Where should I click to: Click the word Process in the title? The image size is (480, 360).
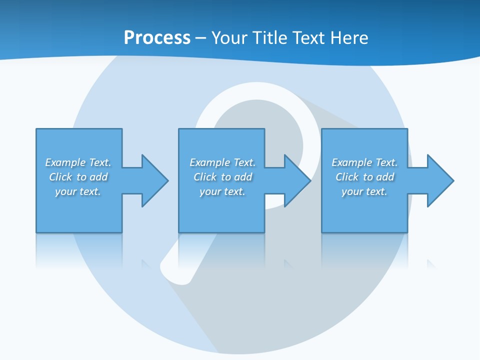(x=157, y=38)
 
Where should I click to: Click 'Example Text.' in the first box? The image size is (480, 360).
(x=78, y=162)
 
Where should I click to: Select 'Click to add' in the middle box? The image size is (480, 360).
(x=222, y=177)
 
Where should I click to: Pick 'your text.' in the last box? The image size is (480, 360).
(x=364, y=191)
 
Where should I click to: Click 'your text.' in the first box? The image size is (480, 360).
(x=78, y=191)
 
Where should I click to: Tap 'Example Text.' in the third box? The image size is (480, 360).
(x=364, y=162)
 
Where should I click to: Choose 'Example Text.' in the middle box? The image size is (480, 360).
(x=222, y=162)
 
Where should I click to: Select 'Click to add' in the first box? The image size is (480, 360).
(x=78, y=177)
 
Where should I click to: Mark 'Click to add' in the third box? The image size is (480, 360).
(x=364, y=177)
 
